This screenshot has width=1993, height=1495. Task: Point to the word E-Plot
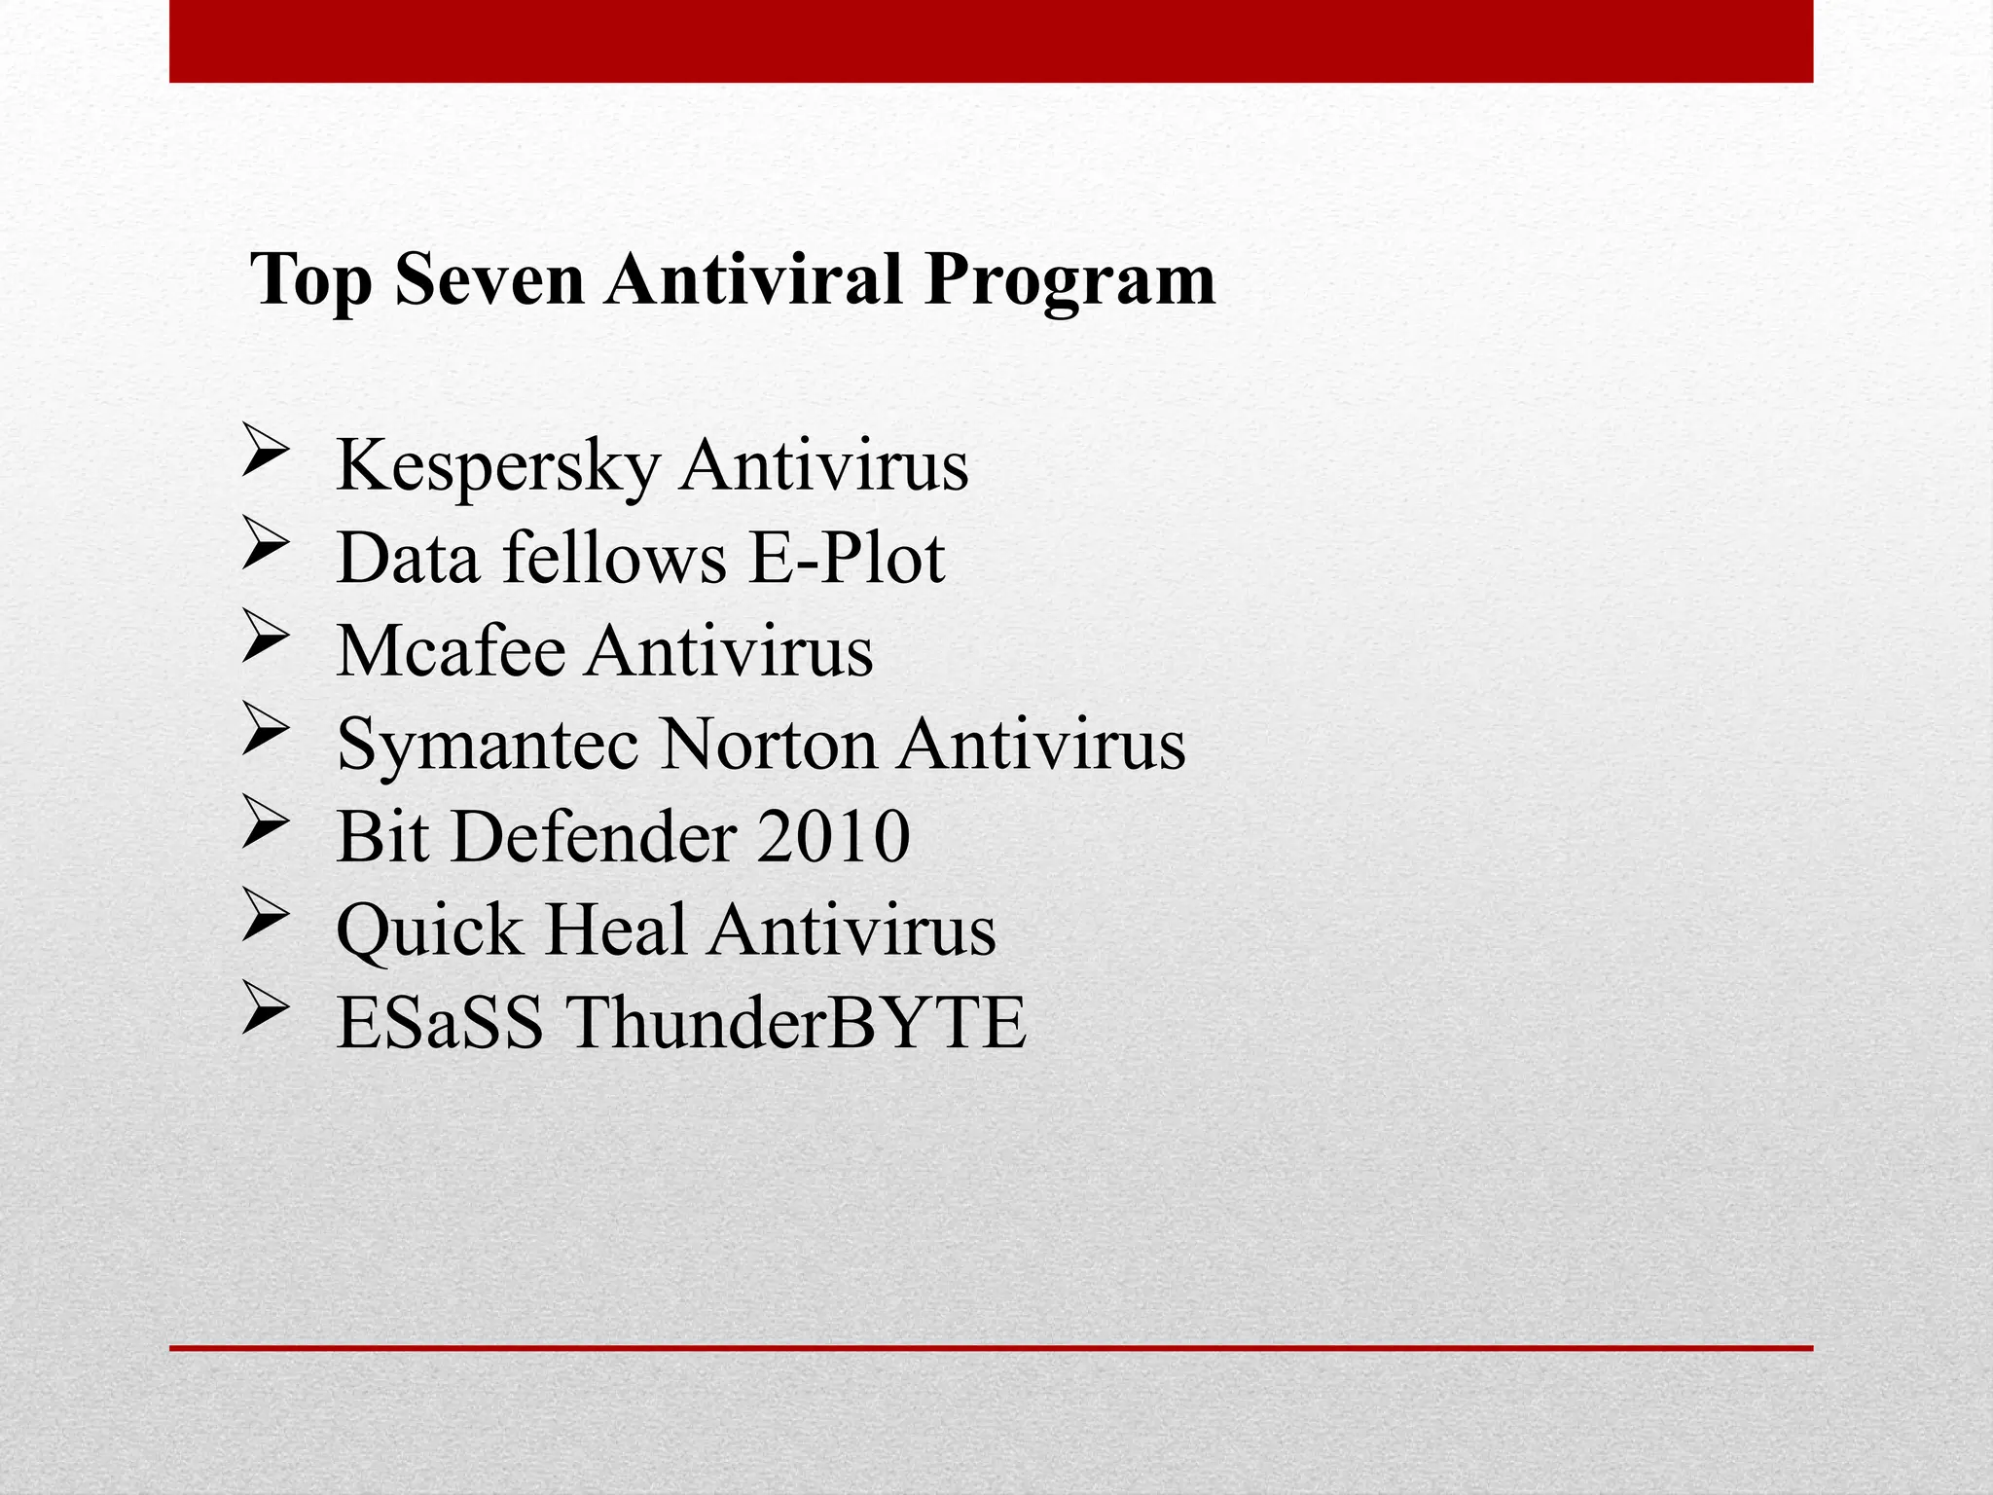(x=847, y=559)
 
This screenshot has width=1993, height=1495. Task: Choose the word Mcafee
(x=451, y=650)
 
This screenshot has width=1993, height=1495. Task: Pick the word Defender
(x=595, y=836)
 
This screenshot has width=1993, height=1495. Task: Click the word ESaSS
(x=439, y=1023)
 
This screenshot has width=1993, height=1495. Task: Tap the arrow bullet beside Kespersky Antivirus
(x=264, y=451)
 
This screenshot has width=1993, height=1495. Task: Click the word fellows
(x=614, y=559)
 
